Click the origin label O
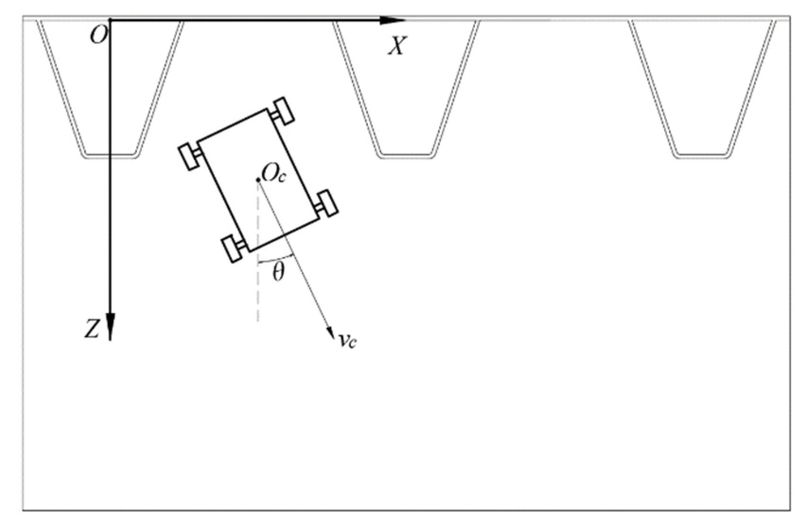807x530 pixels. pyautogui.click(x=98, y=36)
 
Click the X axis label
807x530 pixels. pyautogui.click(x=396, y=46)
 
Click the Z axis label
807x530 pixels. pyautogui.click(x=92, y=330)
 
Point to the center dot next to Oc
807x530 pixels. pyautogui.click(x=258, y=180)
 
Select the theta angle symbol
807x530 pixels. pyautogui.click(x=279, y=272)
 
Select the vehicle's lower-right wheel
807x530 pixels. pyautogui.click(x=327, y=203)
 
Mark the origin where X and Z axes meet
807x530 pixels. pyautogui.click(x=110, y=20)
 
